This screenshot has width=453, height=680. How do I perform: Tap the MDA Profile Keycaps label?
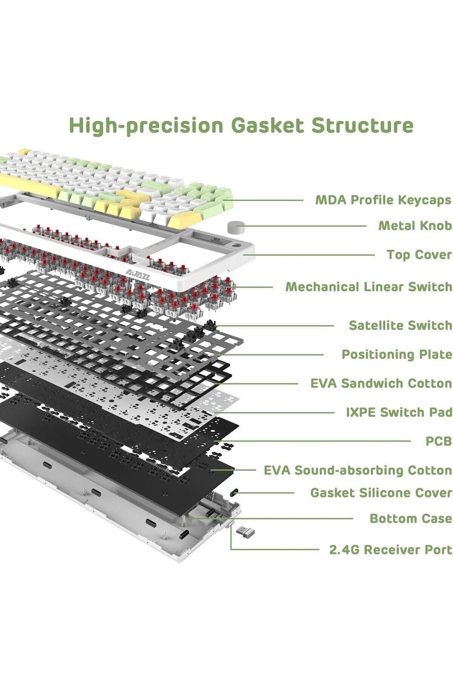click(x=383, y=200)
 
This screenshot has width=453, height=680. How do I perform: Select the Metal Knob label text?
click(x=415, y=226)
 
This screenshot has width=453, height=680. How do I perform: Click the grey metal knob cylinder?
click(x=236, y=228)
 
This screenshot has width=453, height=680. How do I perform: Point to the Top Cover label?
click(x=419, y=255)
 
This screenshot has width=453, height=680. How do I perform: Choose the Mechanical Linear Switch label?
click(x=368, y=287)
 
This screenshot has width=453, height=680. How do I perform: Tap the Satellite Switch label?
click(x=400, y=325)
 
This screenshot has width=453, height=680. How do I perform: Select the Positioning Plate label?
click(x=396, y=354)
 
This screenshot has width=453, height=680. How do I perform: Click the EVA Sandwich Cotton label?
click(x=381, y=383)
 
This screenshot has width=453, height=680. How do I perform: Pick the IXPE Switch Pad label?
click(x=399, y=412)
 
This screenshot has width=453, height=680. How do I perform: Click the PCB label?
click(x=438, y=441)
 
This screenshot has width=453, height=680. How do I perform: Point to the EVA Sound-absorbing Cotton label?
click(x=357, y=470)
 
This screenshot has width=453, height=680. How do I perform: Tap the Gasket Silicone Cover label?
click(x=381, y=493)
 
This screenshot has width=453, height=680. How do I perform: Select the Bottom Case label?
click(x=410, y=518)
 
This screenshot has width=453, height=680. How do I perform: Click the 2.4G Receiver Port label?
click(x=390, y=549)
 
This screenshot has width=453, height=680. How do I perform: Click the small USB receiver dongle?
click(x=245, y=531)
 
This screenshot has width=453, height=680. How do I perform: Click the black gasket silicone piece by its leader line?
click(x=234, y=493)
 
